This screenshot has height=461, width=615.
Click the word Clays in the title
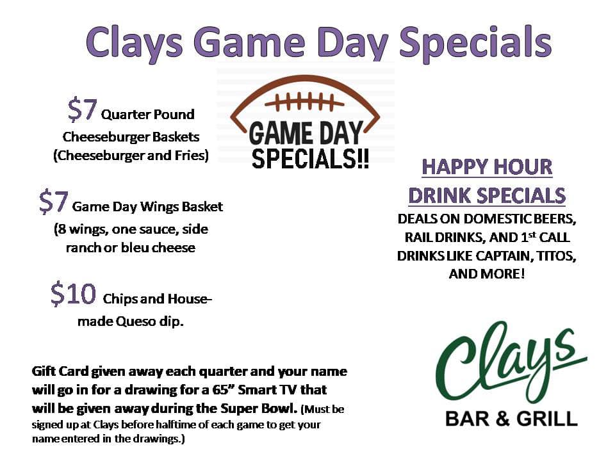134,42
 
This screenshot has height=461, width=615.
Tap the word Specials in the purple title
475,42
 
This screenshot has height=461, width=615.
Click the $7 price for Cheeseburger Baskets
82,109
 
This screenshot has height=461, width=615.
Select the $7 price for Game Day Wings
53,202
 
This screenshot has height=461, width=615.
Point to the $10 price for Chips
73,294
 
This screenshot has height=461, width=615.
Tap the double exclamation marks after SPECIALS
363,158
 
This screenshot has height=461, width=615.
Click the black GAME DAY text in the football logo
306,133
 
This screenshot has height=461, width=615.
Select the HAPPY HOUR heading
487,167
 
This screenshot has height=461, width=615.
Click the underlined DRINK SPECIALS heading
487,196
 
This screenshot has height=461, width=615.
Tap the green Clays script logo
511,362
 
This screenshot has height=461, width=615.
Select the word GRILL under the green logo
546,419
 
